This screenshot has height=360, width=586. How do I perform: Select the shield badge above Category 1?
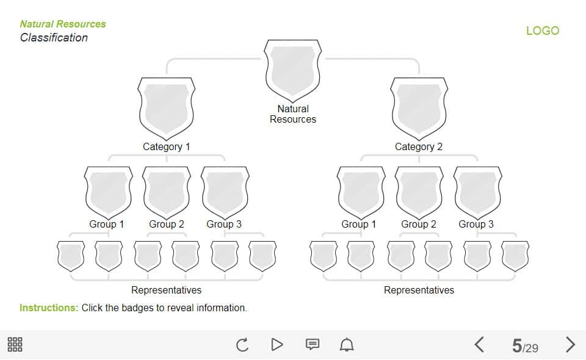(167, 107)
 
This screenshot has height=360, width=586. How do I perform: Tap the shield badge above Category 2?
(419, 107)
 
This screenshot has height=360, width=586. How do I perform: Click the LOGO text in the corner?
(542, 31)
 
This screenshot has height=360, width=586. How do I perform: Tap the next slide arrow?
(570, 345)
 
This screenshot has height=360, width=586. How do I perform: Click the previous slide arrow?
(479, 345)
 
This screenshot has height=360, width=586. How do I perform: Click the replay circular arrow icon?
(242, 345)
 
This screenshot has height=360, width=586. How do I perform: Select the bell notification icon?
(347, 345)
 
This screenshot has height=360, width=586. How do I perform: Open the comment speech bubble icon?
(312, 345)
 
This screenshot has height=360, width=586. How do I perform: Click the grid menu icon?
(15, 344)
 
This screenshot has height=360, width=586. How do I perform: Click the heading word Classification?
(54, 38)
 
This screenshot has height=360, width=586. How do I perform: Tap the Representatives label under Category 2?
(419, 290)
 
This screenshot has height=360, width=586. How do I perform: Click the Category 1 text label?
(167, 146)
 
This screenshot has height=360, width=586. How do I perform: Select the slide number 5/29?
(525, 347)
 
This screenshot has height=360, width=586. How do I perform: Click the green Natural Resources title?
(63, 24)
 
